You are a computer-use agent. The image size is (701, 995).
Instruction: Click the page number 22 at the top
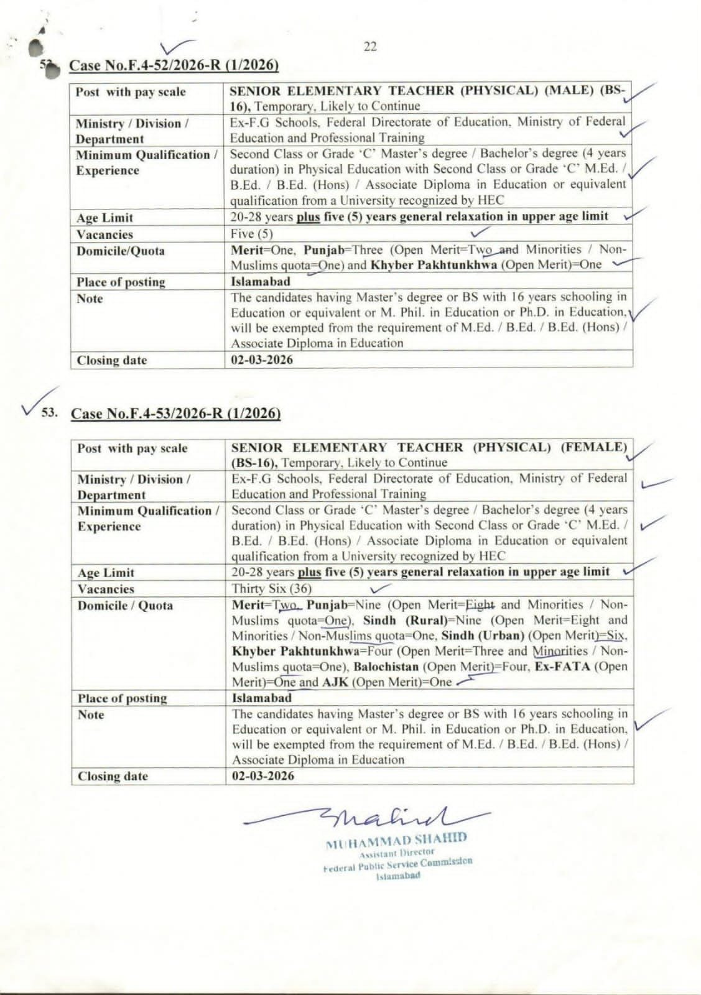click(370, 47)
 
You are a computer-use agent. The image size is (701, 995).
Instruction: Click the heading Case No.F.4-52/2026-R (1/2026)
click(174, 65)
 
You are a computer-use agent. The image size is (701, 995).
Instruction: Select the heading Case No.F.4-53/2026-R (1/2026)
click(175, 414)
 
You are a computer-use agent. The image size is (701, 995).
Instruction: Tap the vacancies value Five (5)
click(252, 234)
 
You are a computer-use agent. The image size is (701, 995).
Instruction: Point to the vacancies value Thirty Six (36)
click(272, 588)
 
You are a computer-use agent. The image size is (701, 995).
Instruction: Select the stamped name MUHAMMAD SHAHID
click(396, 840)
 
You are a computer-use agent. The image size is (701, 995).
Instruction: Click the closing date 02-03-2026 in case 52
click(261, 359)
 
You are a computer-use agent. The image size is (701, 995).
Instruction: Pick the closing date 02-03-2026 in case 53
click(263, 775)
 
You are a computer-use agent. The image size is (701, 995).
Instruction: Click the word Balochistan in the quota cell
click(386, 667)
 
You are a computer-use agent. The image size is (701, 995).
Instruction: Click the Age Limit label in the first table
click(104, 218)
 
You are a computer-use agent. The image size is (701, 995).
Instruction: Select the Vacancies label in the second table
click(106, 589)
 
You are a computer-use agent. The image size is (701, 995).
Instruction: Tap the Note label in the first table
click(90, 298)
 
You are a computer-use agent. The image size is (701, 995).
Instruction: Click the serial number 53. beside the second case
click(49, 412)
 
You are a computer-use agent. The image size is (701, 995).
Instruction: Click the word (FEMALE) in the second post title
click(594, 447)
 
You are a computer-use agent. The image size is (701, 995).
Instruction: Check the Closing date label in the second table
click(113, 776)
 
